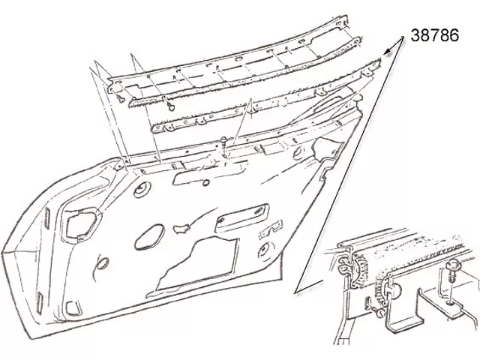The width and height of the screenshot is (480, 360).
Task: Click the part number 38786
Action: click(x=435, y=35)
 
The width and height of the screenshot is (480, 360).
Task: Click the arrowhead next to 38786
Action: click(x=388, y=51)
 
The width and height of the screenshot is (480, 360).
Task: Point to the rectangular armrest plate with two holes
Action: click(x=241, y=217)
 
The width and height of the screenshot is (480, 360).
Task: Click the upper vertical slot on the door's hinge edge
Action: click(x=46, y=217)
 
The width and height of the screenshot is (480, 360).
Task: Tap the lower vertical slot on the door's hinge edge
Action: click(x=40, y=302)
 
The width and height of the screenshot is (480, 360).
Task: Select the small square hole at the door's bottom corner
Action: click(x=73, y=308)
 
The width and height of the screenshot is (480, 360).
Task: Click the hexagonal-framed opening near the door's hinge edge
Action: click(x=79, y=224)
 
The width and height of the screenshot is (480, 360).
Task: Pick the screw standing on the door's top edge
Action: click(x=224, y=145)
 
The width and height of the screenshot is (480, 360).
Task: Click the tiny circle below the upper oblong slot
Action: click(x=206, y=183)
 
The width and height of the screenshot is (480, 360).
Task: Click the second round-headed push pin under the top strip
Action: click(x=172, y=106)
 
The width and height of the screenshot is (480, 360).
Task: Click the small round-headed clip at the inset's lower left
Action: click(x=379, y=313)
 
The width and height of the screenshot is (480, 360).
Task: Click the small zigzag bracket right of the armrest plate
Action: click(x=270, y=230)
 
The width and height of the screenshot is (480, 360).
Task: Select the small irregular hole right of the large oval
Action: click(x=181, y=228)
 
